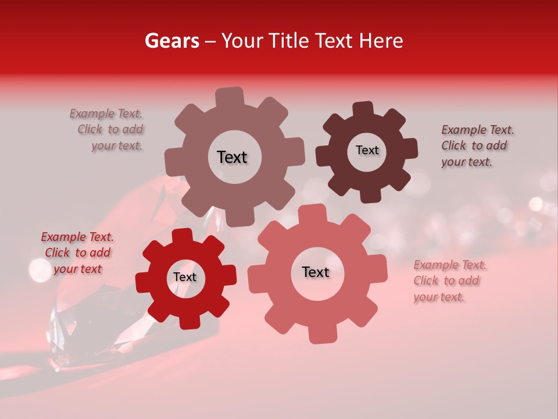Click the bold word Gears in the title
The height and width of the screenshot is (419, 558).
(171, 41)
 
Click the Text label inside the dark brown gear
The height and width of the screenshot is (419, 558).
(367, 150)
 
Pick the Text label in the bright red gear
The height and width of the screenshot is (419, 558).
(185, 277)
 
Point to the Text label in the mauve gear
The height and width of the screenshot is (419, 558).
(232, 157)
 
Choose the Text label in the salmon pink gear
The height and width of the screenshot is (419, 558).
(316, 272)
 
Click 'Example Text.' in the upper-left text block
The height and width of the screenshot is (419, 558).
(106, 113)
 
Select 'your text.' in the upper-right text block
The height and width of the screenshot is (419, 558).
(466, 162)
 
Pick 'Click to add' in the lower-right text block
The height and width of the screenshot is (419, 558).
(446, 280)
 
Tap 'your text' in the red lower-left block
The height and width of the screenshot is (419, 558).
(77, 269)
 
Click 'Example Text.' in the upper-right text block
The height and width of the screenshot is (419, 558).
(477, 130)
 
